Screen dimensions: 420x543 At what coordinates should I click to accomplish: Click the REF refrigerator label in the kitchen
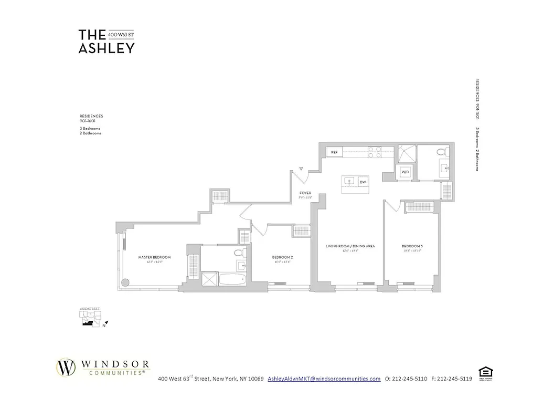coord(334,152)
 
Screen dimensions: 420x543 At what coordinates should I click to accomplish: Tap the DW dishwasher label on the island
coord(363,182)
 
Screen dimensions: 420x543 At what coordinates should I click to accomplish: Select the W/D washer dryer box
coord(405,172)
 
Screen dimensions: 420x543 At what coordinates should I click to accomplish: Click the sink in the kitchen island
coord(349,182)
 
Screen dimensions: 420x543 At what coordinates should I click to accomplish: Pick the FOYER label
coord(305,193)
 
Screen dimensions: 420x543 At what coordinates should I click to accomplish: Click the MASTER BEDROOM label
coord(154,257)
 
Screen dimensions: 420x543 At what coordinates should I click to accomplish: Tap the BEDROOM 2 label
coord(282,257)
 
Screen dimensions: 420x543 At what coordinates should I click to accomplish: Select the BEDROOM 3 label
coord(411,246)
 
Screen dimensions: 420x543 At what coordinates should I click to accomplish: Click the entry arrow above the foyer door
coord(301,169)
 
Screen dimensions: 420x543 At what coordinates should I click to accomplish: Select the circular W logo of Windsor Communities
coord(67,367)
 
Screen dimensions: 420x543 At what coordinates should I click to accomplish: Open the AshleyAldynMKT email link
coord(324,379)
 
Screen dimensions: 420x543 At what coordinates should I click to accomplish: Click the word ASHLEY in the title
coord(107,48)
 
